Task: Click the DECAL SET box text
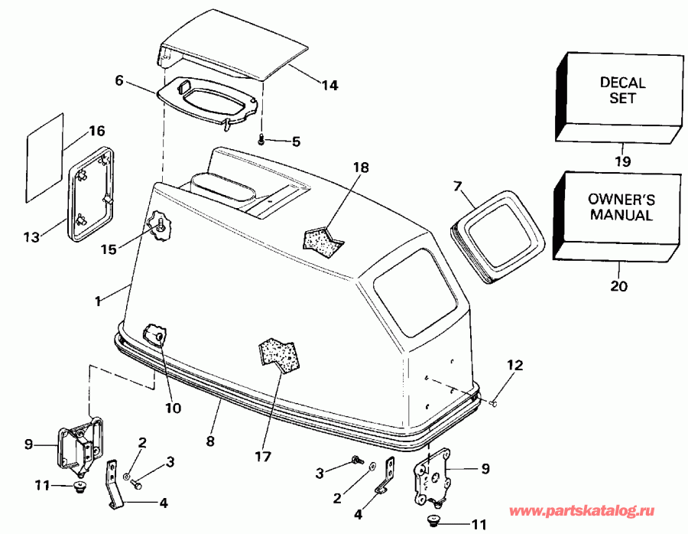point(621,90)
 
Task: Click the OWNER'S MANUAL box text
point(620,207)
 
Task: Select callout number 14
point(329,86)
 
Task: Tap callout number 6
point(118,80)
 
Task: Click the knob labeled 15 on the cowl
point(161,226)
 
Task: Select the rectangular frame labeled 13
point(94,194)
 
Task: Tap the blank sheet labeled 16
point(44,158)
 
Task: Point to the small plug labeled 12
point(495,402)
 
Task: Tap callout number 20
point(619,287)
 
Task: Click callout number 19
point(621,161)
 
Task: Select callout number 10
point(174,408)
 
